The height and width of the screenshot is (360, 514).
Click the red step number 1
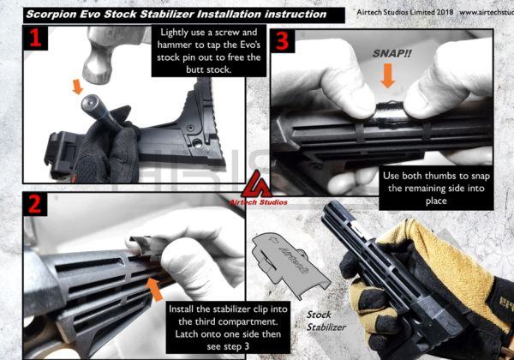point(36,38)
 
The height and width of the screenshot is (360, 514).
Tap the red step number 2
point(35,204)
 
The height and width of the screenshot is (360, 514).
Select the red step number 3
point(282,41)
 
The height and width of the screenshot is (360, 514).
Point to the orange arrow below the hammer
point(78,87)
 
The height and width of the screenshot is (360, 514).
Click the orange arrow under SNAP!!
point(388,75)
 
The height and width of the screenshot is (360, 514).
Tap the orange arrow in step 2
point(155,289)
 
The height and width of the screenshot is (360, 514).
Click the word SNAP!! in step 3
point(391,53)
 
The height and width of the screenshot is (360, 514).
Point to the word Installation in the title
point(228,15)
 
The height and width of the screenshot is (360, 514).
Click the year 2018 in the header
point(445,12)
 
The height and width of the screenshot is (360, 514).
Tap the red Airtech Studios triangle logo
point(257,184)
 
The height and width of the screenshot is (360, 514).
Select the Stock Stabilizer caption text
point(326,321)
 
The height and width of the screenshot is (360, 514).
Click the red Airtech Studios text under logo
point(258,202)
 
